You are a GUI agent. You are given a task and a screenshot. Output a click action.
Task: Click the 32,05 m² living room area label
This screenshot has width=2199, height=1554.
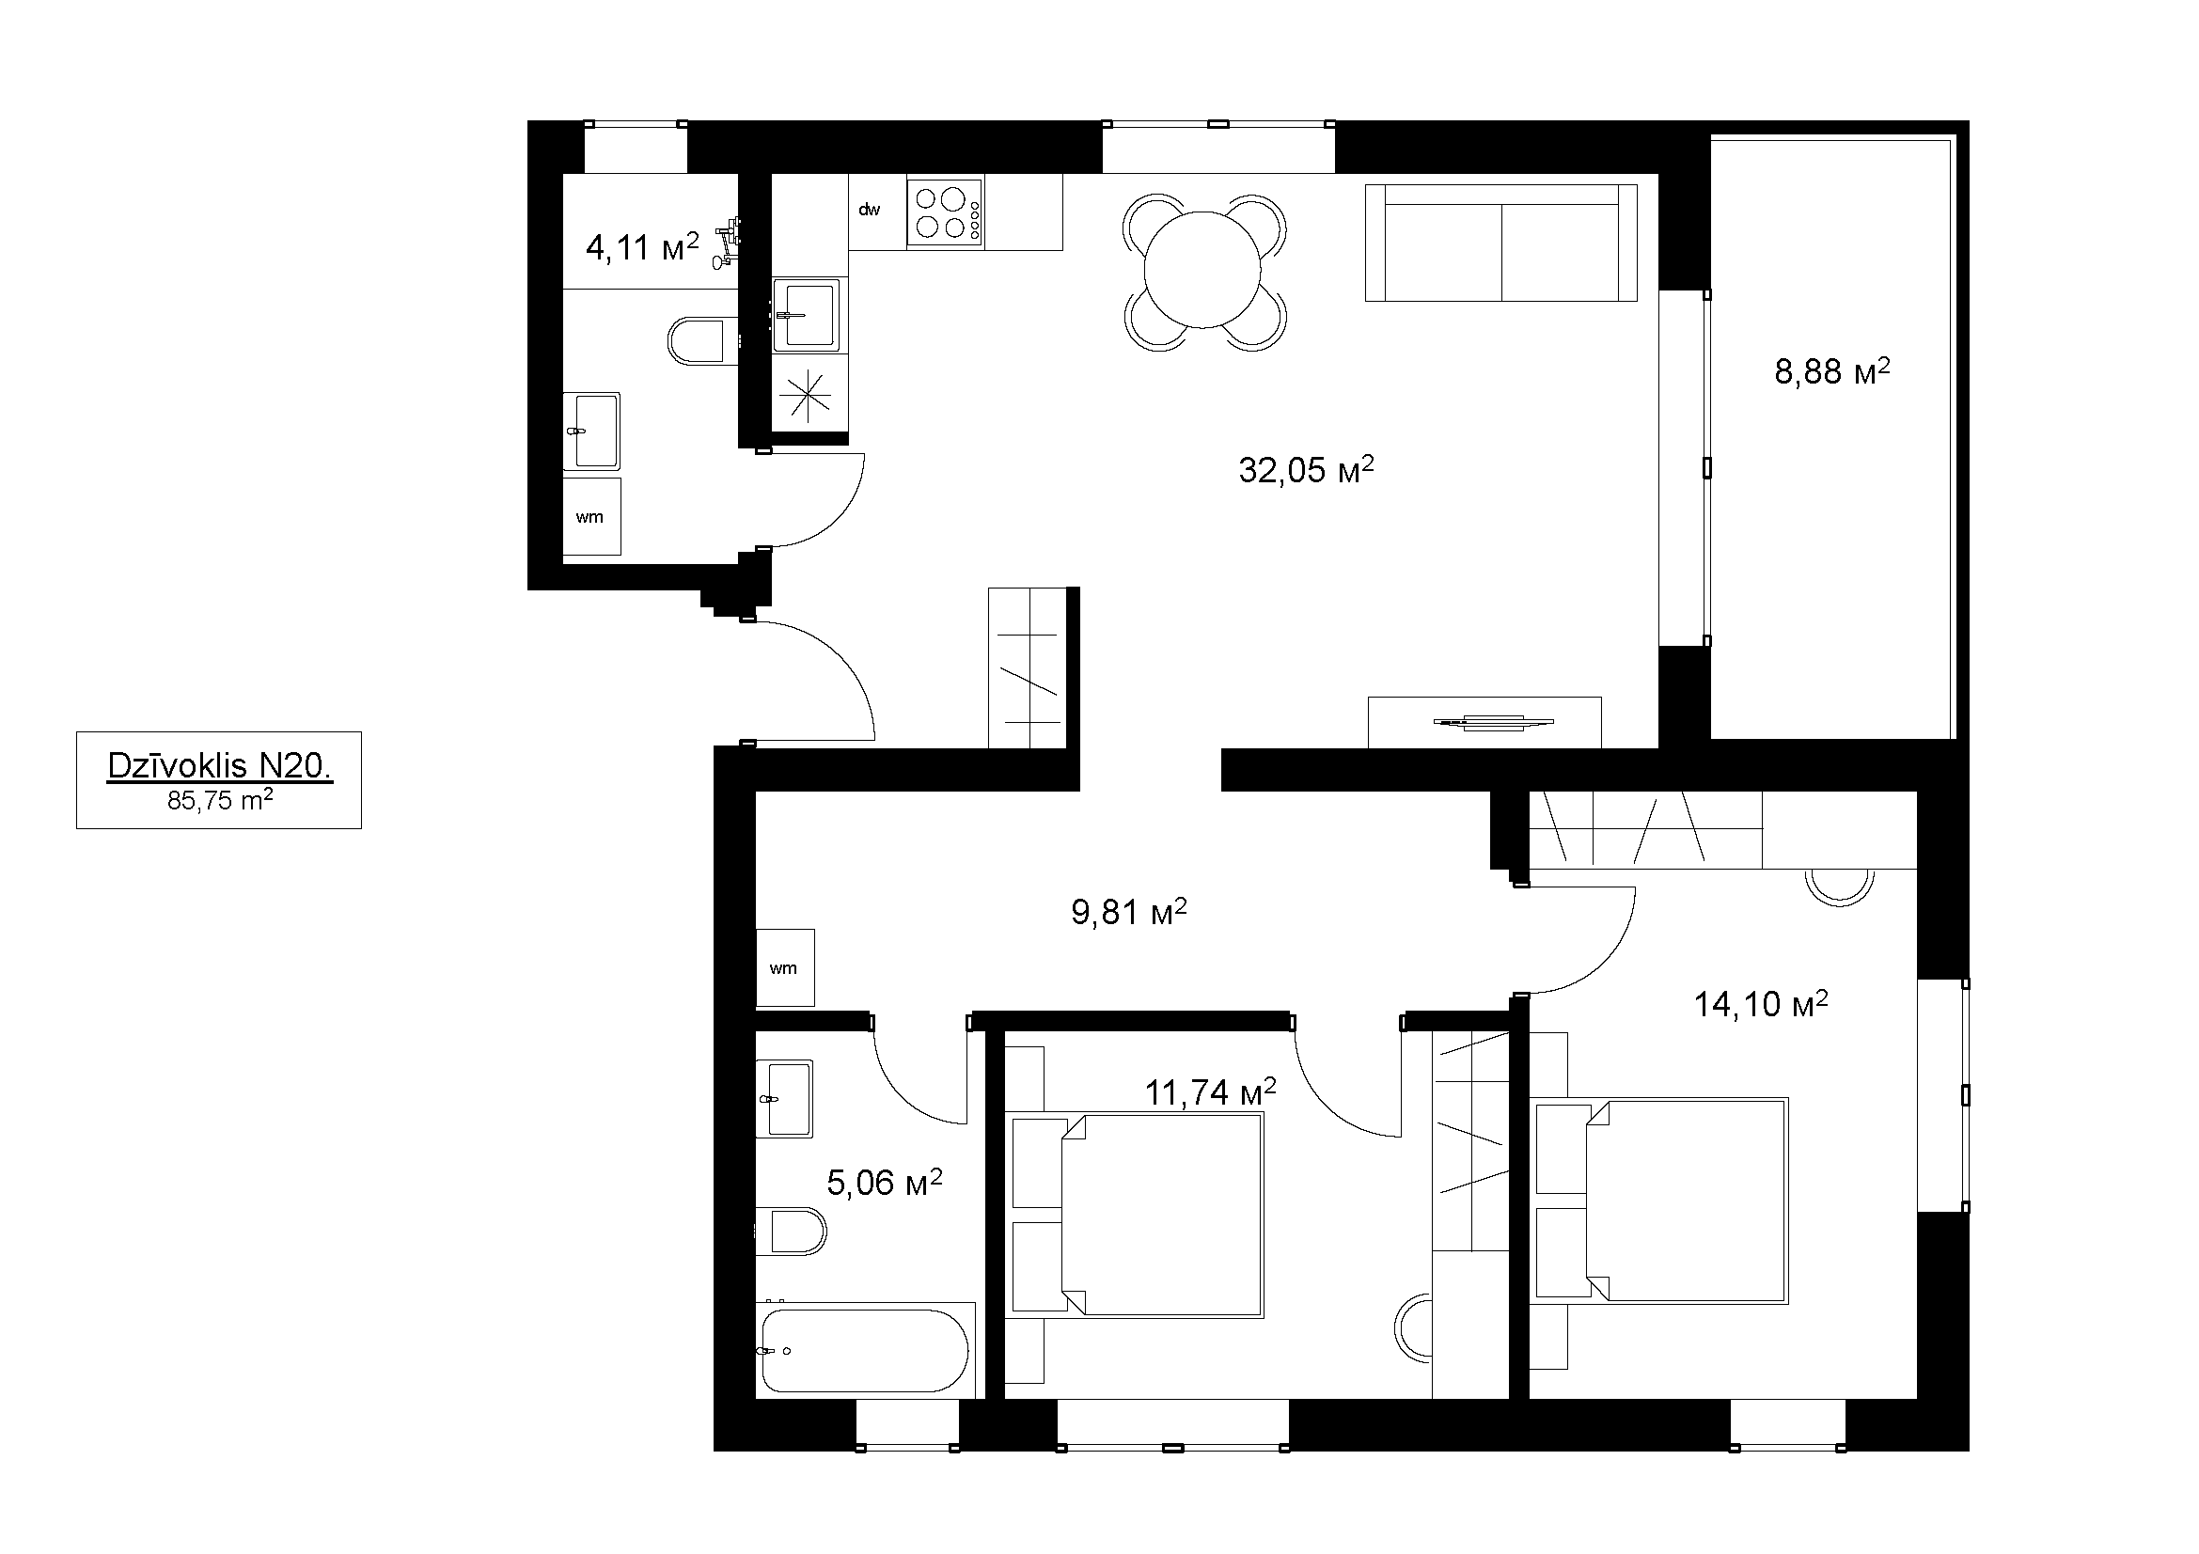[x=1307, y=469]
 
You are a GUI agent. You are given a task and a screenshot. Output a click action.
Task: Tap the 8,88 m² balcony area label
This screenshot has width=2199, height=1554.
[x=1832, y=370]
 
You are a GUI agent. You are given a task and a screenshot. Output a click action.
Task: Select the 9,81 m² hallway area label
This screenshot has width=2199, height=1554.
[x=1129, y=912]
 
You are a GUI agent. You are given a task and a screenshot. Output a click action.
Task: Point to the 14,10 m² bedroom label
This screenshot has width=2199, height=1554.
[x=1761, y=1003]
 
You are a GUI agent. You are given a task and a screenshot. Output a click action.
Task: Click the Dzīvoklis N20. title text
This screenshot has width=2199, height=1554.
[x=219, y=766]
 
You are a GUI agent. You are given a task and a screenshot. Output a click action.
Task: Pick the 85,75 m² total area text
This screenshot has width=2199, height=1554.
[x=220, y=800]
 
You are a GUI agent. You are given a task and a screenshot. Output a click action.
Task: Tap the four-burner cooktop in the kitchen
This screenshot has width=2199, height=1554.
[x=945, y=212]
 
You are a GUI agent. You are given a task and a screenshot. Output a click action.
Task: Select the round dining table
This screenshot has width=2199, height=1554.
[x=1204, y=269]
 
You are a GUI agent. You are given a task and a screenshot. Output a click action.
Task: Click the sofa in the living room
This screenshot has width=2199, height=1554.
[x=1500, y=243]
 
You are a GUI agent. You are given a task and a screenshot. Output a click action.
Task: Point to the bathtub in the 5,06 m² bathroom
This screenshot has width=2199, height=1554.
[x=867, y=1350]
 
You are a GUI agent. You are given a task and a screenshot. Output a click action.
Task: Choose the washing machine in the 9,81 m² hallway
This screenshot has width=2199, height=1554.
[x=785, y=967]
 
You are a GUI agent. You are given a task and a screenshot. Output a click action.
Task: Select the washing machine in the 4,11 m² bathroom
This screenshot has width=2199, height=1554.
[x=591, y=517]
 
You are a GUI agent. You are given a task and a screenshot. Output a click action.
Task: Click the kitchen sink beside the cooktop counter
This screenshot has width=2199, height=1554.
[x=807, y=314]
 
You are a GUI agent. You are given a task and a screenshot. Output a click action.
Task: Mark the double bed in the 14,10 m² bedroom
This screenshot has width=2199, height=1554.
[x=1661, y=1201]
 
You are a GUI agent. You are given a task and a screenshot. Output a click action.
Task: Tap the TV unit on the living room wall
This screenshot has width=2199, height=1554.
[x=1484, y=722]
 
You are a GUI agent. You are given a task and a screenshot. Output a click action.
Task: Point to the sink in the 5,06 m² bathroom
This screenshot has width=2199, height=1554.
[x=784, y=1098]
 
